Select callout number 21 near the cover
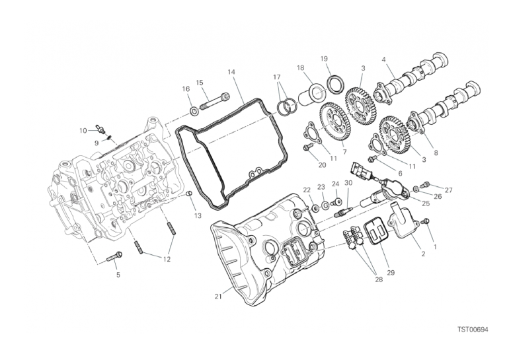218,296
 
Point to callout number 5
118,274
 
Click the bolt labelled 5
114,256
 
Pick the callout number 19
325,59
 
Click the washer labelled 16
192,109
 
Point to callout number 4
383,59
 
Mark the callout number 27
448,190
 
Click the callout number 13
198,216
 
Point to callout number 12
167,260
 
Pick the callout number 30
349,183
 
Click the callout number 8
435,153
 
